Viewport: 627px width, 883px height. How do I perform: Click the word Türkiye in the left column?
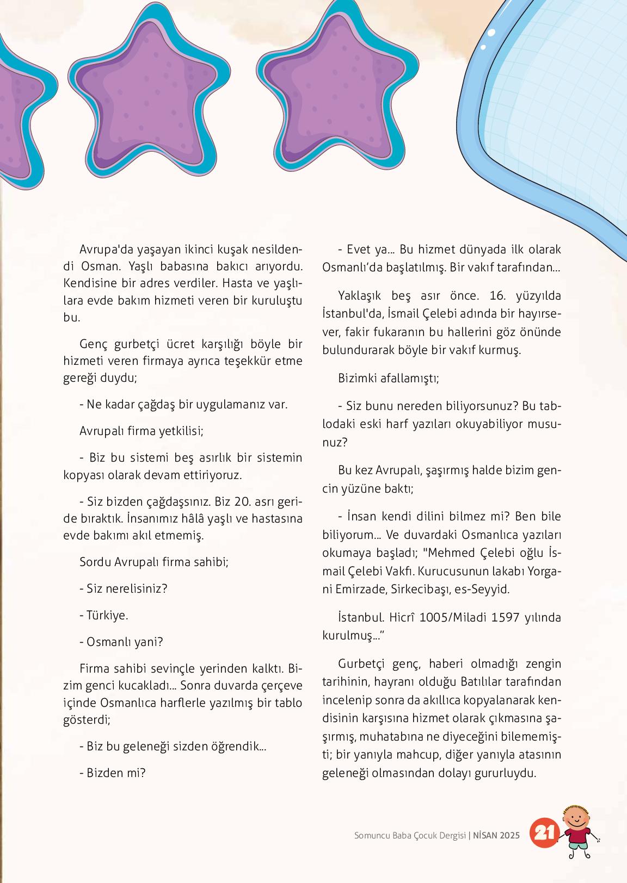click(107, 615)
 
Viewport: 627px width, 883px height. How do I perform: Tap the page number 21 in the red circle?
click(544, 832)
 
